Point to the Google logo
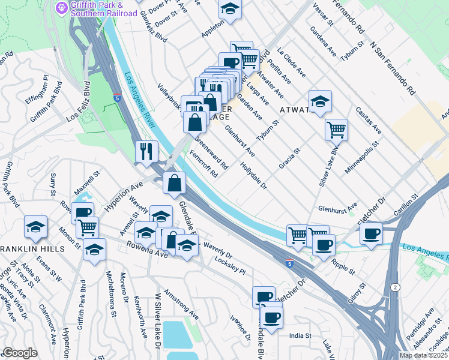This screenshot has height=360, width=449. [x=20, y=353]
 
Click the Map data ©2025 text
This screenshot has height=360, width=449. [x=423, y=355]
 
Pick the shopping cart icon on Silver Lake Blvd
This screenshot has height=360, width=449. [x=336, y=128]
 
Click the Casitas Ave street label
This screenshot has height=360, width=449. [x=369, y=121]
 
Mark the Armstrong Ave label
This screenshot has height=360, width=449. [x=181, y=305]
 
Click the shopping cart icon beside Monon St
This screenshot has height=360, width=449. [x=87, y=227]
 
